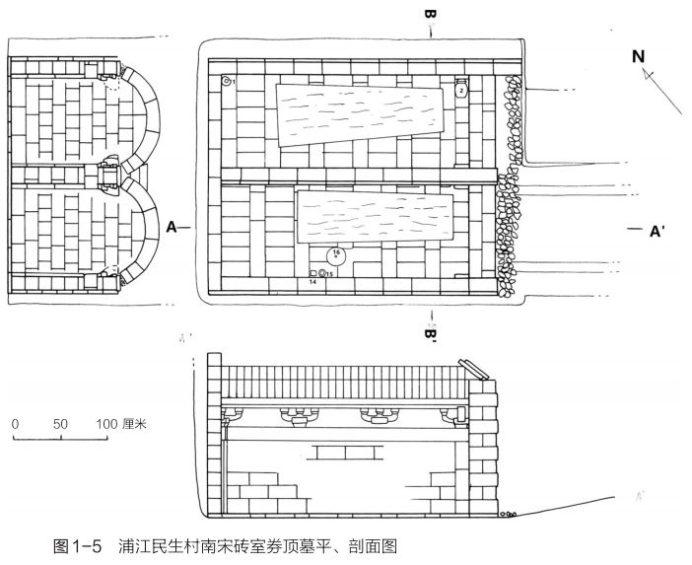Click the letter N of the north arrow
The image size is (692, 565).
(639, 56)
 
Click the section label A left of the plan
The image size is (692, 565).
(172, 228)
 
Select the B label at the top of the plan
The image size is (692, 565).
(430, 17)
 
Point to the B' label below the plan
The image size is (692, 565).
(431, 333)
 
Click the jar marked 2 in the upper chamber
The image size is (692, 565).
(460, 90)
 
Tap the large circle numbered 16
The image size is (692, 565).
(336, 254)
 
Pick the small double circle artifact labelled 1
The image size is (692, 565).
(226, 80)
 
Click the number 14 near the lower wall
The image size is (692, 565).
(312, 282)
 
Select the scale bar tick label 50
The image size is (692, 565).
(60, 423)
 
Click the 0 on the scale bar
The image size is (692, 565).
(16, 423)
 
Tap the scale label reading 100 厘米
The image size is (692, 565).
(119, 423)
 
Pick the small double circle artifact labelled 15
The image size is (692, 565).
(322, 274)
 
